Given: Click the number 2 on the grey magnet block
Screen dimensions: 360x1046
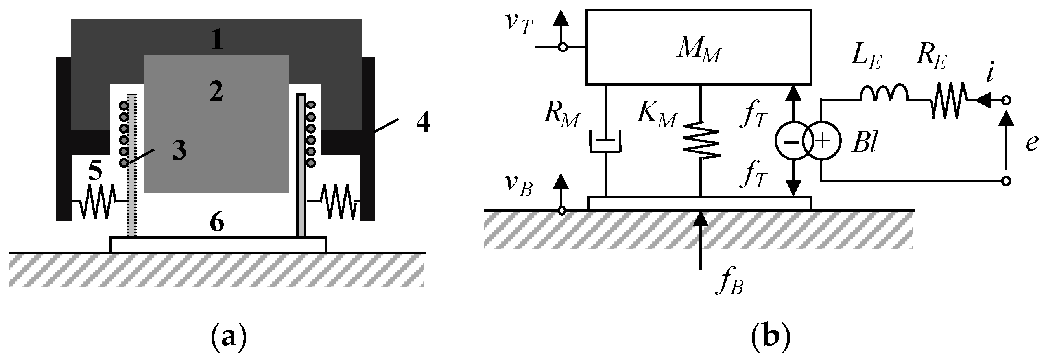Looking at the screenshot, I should coord(216,92).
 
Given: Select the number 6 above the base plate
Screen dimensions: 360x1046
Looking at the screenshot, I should coord(217,222).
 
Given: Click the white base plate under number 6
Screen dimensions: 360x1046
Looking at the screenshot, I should coord(218,244).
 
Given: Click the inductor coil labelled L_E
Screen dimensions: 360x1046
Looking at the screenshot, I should coord(883,94).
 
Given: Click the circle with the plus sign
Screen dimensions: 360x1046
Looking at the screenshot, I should coord(821,141).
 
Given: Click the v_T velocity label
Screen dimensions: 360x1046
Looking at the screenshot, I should coord(518,24).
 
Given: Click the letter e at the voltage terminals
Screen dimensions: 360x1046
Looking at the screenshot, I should coord(1031,143).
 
